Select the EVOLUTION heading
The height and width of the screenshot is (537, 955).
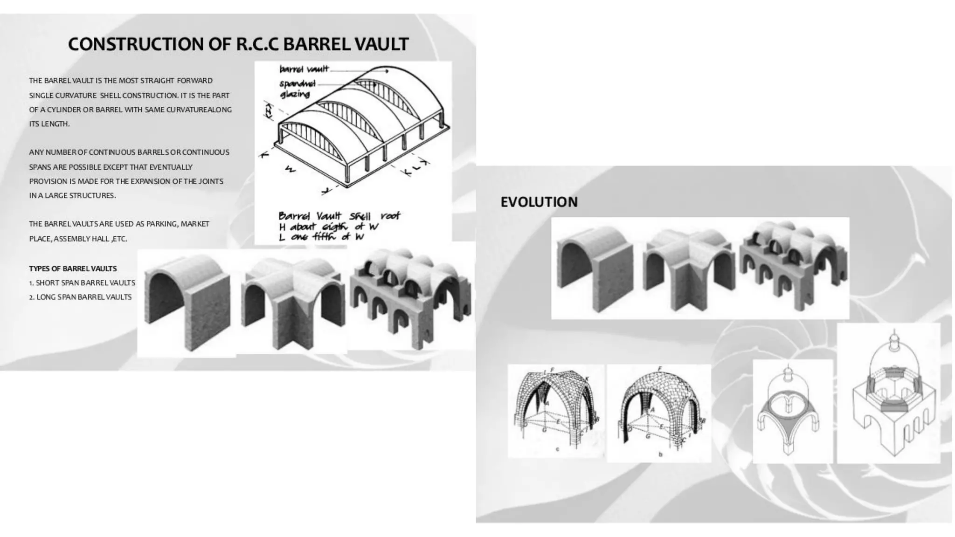(539, 202)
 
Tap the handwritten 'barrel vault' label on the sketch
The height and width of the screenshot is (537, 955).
(304, 69)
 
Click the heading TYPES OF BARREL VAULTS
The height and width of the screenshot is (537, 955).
(73, 268)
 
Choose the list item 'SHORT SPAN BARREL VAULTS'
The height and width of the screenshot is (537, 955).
(85, 283)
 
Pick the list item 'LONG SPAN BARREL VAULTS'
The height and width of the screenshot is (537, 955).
(84, 297)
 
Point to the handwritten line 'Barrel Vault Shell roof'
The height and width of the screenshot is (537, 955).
(339, 216)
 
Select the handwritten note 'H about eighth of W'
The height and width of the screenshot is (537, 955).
(329, 227)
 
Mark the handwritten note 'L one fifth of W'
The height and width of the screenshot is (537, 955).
(321, 237)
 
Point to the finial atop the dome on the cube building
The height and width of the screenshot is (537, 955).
(894, 337)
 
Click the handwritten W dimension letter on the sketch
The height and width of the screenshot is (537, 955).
(290, 170)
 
